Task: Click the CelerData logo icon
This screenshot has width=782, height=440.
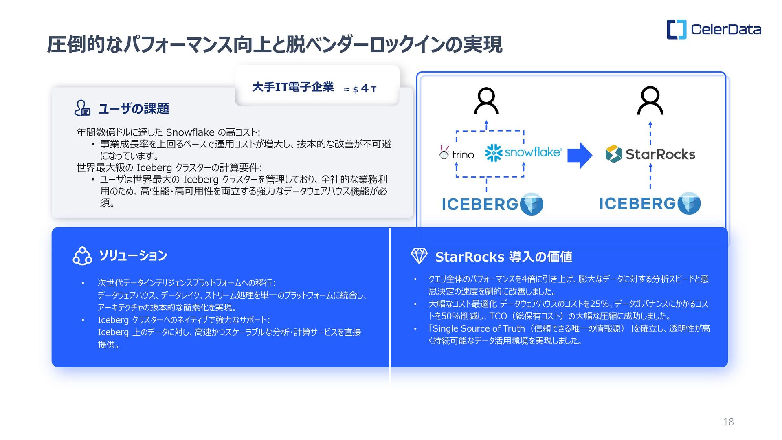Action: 676,29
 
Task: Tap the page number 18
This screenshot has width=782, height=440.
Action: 728,422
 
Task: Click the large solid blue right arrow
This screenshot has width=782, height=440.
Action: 580,155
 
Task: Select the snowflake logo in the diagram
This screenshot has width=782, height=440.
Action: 523,153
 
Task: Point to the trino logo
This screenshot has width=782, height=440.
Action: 457,154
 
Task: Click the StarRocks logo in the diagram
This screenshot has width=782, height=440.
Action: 650,154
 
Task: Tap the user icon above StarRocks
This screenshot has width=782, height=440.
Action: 650,101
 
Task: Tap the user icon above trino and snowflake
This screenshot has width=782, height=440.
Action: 486,101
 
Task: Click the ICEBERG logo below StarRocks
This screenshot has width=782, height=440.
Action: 650,203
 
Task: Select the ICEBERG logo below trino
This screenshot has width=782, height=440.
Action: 492,204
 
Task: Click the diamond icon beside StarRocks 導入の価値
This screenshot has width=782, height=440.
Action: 419,256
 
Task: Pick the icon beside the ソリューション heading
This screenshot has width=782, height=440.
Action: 82,256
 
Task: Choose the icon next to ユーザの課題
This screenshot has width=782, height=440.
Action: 82,108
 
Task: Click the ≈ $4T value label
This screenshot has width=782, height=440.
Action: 360,89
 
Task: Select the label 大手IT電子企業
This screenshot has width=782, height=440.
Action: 293,87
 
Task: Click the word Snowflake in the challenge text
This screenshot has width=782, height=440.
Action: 190,132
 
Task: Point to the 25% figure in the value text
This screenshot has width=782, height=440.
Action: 599,304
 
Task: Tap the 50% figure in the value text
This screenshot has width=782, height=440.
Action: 451,316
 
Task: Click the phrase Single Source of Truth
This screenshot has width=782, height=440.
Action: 479,329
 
